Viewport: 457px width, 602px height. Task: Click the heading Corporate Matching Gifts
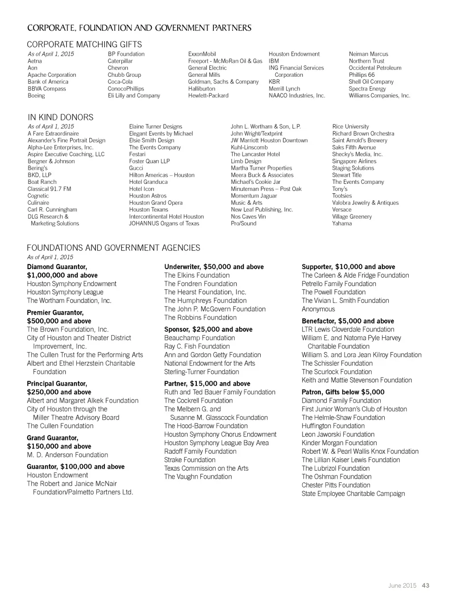84,44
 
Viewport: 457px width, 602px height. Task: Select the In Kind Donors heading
61,117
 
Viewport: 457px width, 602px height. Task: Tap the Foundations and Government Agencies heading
113,248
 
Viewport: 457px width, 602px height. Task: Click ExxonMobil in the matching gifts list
202,54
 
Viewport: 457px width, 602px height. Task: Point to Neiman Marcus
368,54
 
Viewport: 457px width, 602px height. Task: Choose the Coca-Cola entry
120,82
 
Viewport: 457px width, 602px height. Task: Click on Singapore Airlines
354,161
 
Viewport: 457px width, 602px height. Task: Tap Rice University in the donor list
350,126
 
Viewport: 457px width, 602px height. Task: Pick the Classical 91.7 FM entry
49,189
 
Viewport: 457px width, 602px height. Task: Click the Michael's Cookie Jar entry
256,182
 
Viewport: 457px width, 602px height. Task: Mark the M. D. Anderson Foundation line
67,455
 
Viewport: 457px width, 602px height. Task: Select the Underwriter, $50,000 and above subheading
214,267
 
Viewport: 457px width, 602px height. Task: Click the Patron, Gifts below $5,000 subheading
343,392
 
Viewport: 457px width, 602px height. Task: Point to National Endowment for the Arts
210,363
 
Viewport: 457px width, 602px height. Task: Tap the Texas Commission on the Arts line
206,468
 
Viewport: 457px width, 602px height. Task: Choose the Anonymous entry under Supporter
318,309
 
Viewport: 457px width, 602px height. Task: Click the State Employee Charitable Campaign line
353,494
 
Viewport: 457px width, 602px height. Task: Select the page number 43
425,585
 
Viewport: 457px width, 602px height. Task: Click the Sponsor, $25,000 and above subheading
208,329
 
